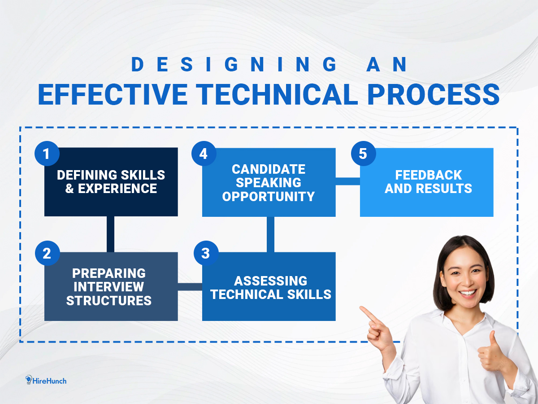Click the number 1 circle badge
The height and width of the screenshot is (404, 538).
pos(47,154)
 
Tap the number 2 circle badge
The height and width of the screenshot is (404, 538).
pos(48,253)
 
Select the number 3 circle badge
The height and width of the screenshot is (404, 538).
pos(206,253)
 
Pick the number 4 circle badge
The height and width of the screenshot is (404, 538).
pos(204,154)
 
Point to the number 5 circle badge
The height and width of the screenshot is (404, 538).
pos(364,154)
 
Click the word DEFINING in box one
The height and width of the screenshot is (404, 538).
pos(87,175)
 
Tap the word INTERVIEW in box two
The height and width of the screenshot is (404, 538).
pos(109,287)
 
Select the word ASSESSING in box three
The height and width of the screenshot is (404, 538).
pos(271,281)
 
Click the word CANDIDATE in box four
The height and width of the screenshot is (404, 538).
pos(269,169)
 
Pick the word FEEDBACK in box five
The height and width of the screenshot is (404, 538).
pos(429,175)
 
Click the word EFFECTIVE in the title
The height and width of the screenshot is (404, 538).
pos(113,94)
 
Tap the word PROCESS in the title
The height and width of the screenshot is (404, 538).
pos(434,94)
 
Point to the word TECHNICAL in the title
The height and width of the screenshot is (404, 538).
pos(277,94)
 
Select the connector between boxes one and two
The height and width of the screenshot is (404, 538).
pos(111,234)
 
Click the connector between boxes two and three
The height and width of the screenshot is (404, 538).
pos(190,287)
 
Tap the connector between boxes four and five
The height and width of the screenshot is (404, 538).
pos(348,181)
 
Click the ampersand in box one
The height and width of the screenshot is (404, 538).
pos(69,189)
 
